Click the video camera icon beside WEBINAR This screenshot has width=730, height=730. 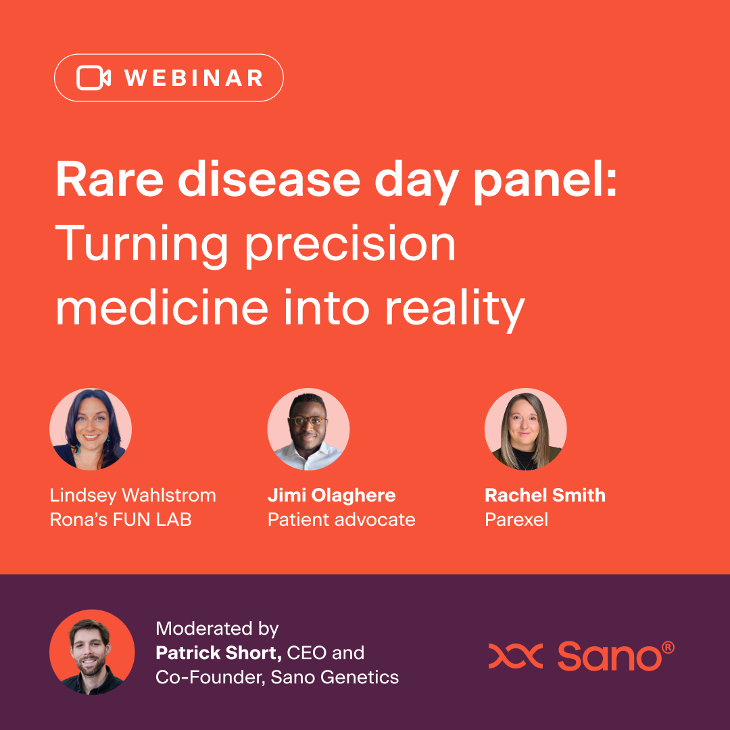93,78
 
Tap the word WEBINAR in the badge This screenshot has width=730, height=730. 194,78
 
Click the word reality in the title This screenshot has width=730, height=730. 456,310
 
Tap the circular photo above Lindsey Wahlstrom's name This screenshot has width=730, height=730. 91,429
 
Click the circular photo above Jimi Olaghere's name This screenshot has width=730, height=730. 308,429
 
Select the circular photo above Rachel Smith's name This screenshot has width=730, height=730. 526,429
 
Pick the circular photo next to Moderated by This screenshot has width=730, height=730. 92,652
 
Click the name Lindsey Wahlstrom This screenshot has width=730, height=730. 133,495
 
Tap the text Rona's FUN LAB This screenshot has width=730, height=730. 120,520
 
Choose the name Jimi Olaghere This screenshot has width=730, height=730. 331,495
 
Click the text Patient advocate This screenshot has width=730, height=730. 341,520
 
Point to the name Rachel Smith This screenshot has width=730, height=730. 545,495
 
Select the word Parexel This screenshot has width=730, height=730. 516,520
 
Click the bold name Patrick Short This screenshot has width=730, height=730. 218,653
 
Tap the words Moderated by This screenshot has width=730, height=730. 217,629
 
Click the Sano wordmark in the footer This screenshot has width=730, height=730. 616,656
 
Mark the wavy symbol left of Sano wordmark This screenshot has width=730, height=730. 515,656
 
